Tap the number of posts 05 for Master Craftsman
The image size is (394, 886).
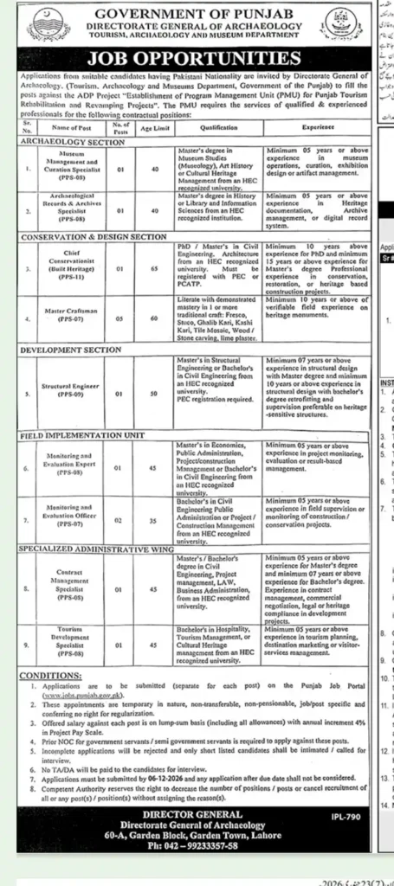(122, 318)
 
